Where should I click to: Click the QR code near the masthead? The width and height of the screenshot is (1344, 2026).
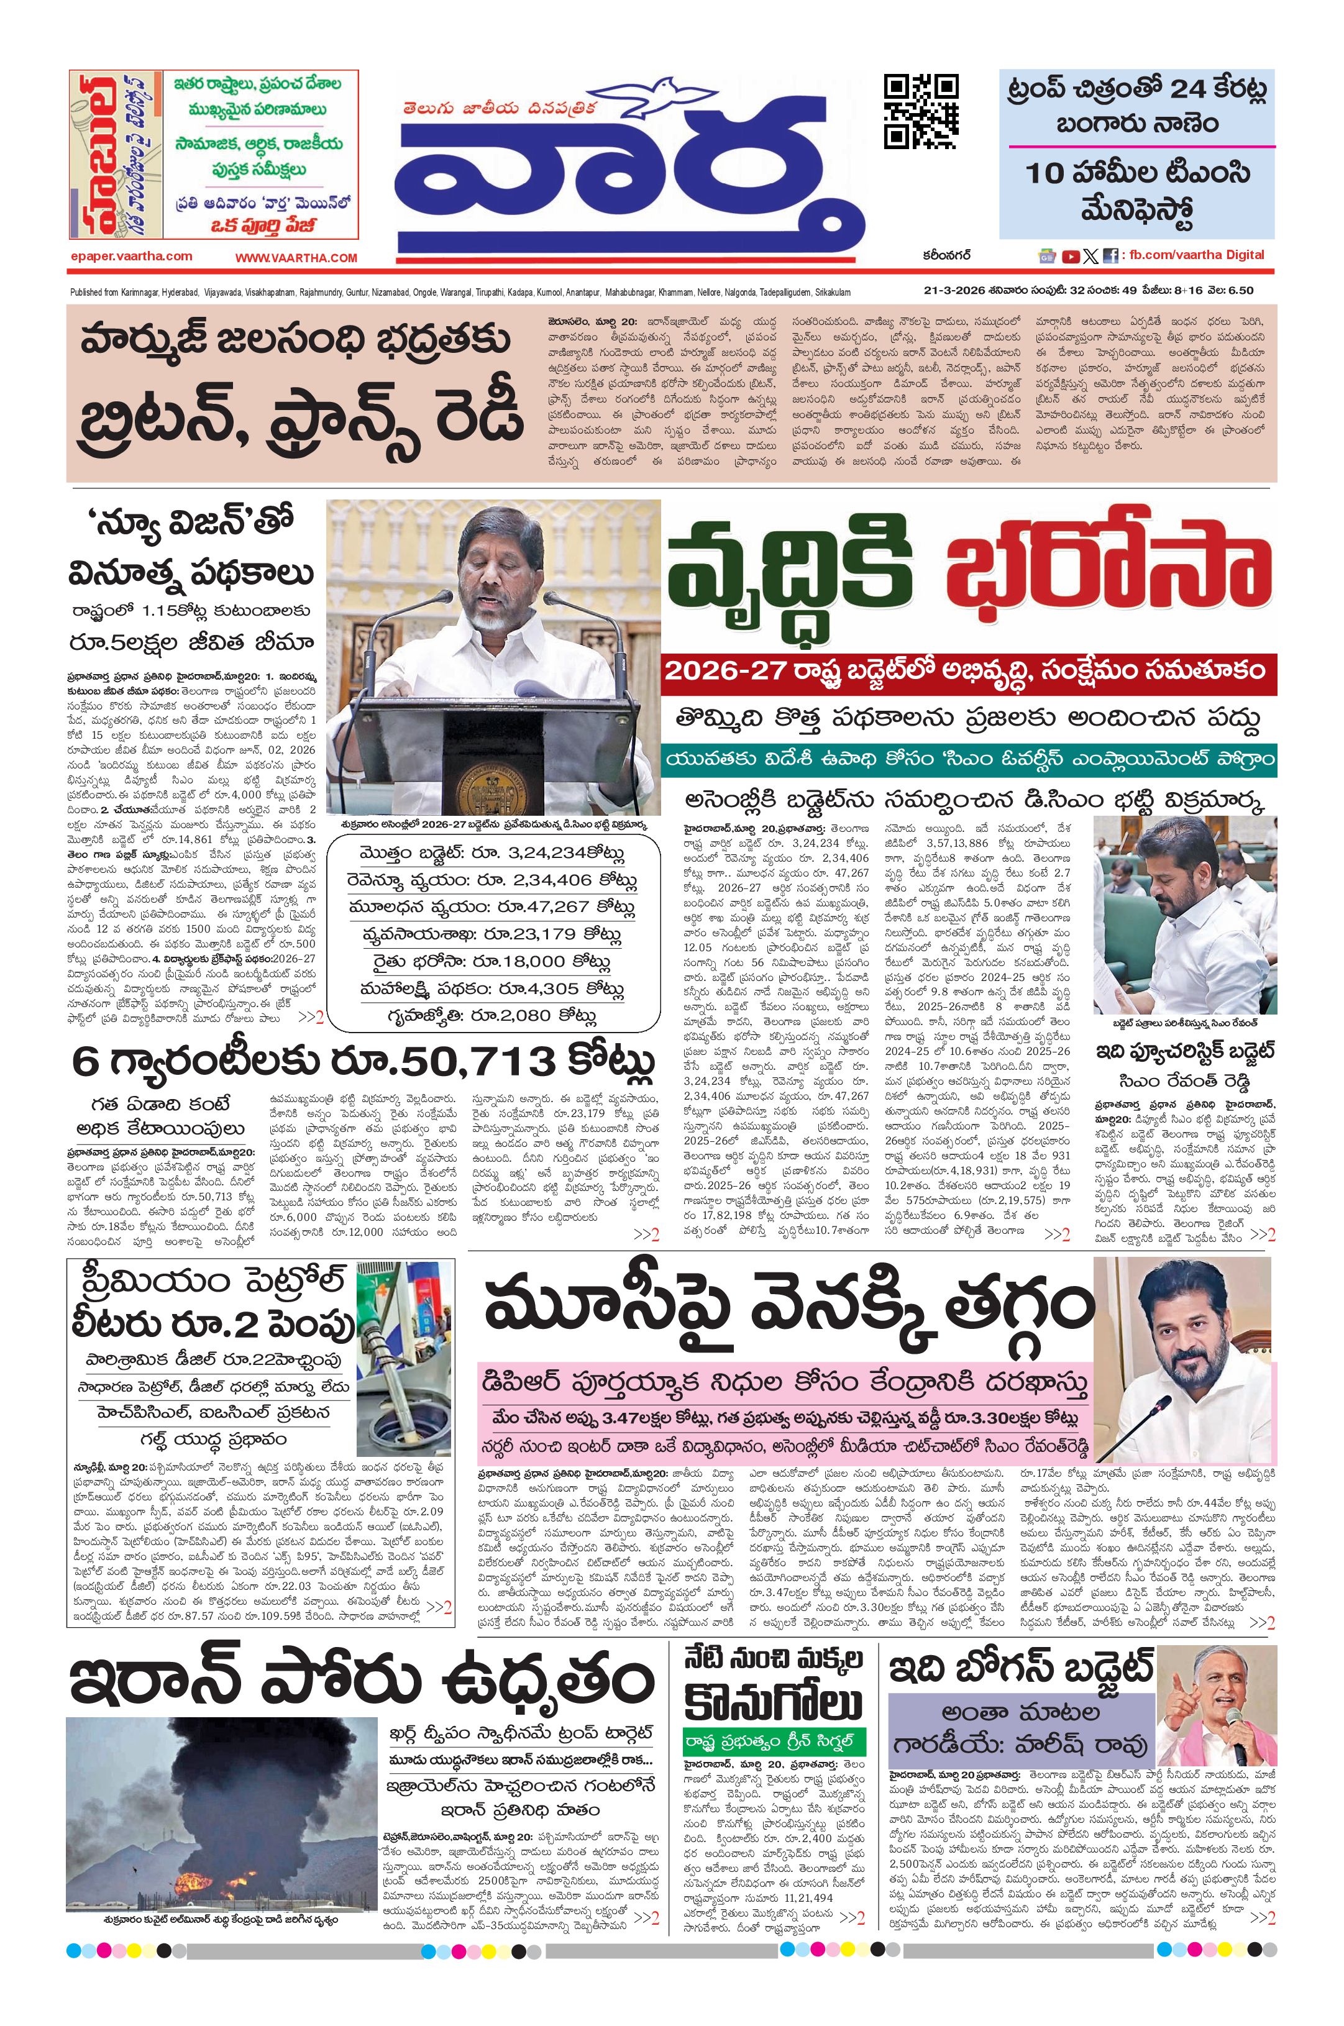[921, 111]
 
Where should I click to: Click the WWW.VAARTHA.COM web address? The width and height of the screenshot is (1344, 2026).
[296, 258]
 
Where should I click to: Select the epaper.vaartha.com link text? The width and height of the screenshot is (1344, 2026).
[131, 256]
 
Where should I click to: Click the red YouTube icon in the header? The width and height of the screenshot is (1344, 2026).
[1071, 255]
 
